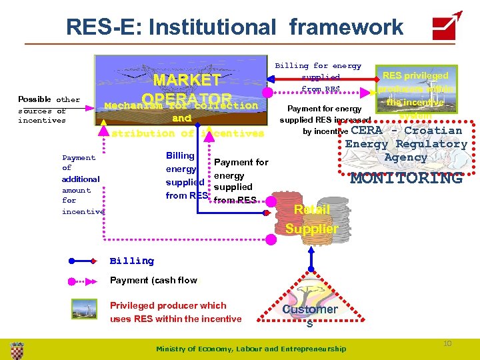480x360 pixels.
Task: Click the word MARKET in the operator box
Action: coord(187,80)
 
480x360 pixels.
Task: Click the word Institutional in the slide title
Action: coord(208,27)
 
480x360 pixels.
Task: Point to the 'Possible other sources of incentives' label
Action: coord(49,110)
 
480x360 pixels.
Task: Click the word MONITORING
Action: coord(406,178)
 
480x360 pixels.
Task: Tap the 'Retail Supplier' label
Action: coord(311,219)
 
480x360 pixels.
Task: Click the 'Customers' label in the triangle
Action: coord(309,313)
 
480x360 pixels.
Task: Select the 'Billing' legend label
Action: coord(131,261)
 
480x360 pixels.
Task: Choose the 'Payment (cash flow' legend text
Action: coord(153,280)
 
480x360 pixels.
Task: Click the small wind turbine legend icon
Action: coord(84,309)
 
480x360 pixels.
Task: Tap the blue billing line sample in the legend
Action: coord(84,261)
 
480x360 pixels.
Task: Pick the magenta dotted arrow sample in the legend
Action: coord(84,281)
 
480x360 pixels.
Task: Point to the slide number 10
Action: coord(447,343)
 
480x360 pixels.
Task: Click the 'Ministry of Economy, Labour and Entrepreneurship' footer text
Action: coord(251,349)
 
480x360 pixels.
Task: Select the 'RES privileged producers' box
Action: coord(416,93)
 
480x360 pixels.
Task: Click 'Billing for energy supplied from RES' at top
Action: coord(319,77)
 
